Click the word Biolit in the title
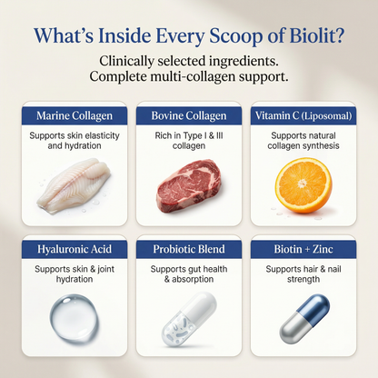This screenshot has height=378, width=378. [x=317, y=35]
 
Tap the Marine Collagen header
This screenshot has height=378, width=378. [x=75, y=115]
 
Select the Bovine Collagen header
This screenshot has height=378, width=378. [x=189, y=115]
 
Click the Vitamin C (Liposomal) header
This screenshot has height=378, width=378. [x=303, y=115]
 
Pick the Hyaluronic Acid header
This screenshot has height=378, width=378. [x=75, y=249]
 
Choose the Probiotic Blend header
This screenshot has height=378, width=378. [x=189, y=249]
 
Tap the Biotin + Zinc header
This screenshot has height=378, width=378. [x=303, y=249]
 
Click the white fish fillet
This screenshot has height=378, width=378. [x=74, y=185]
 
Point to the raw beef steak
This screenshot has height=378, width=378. [x=188, y=186]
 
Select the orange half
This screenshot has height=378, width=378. [x=303, y=185]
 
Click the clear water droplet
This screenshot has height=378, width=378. [x=74, y=319]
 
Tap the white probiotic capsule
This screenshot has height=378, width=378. [x=189, y=319]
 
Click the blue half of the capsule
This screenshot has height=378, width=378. [x=314, y=308]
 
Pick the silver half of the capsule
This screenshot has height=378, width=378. [x=293, y=329]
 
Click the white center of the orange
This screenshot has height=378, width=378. [x=303, y=183]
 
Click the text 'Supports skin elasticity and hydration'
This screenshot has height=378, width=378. [x=75, y=141]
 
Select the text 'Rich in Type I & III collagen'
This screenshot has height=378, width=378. [x=189, y=141]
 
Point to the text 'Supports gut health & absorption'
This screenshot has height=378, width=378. [x=189, y=274]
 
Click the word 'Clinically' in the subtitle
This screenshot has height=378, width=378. [x=127, y=62]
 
